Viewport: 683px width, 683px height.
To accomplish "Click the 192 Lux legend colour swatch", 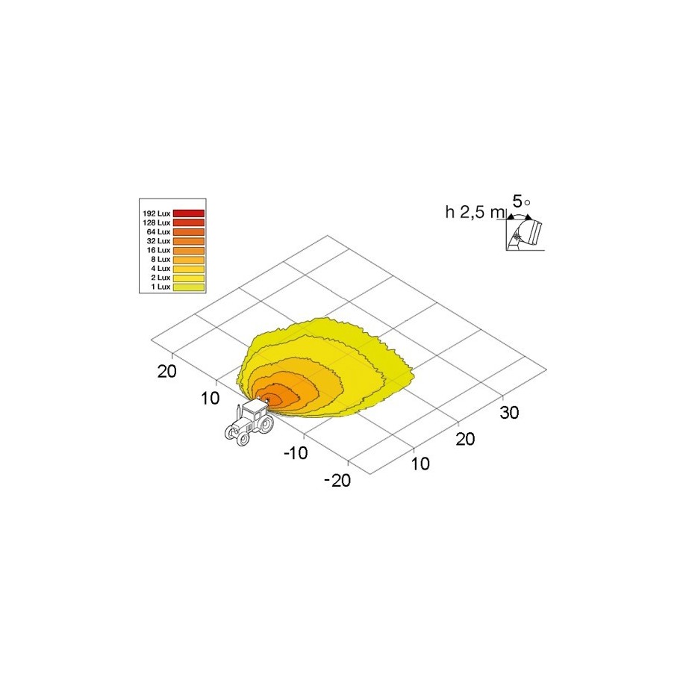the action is coord(189,213).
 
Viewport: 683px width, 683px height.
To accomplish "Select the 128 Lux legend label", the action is coord(156,222).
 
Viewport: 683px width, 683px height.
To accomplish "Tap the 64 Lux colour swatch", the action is coord(189,231).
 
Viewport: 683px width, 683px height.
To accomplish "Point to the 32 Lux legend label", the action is coord(158,241).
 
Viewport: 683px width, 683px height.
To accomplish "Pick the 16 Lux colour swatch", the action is coord(189,251).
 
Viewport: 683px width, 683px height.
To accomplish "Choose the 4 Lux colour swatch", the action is coord(189,269).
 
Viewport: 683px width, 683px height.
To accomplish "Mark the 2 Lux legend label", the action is coord(160,278).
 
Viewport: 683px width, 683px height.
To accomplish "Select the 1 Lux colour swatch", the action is coord(189,287).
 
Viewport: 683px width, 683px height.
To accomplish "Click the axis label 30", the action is coord(509,413).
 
